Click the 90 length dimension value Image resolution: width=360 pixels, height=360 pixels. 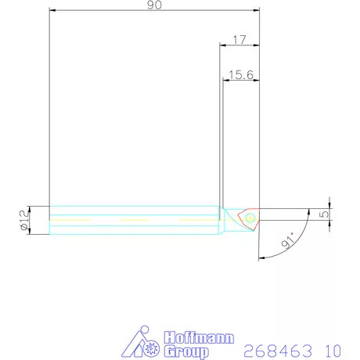pos(153,6)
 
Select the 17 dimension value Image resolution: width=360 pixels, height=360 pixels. pos(240,39)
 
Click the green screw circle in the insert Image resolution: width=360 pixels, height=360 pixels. pos(250,215)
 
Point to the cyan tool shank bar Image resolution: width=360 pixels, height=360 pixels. pos(133,219)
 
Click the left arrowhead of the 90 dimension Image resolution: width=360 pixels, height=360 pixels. pos(52,11)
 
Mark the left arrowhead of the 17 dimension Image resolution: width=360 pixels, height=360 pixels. pos(222,45)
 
